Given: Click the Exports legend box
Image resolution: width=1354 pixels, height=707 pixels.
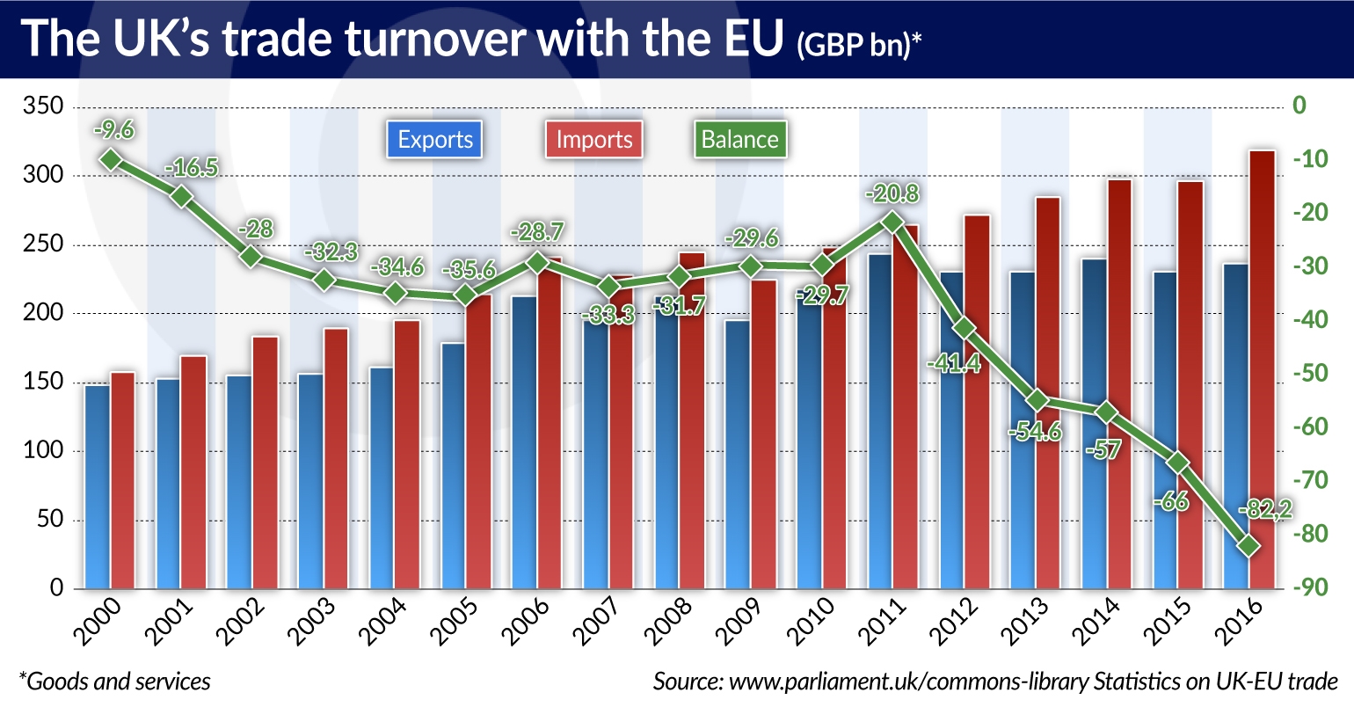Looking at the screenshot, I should point(434,140).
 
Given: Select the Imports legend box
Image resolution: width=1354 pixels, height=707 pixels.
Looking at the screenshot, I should point(594,140).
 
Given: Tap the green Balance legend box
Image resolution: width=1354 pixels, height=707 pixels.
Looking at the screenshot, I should point(739,140).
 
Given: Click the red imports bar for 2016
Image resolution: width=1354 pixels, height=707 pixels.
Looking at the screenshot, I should point(1262,369).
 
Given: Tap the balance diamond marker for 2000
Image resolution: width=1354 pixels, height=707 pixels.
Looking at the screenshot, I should point(110,159).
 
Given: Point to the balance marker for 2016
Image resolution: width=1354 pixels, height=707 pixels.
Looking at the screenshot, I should point(1248,546).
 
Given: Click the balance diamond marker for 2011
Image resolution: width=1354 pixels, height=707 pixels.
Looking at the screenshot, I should point(892,222).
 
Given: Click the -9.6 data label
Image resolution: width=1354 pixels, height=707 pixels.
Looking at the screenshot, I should point(113,130).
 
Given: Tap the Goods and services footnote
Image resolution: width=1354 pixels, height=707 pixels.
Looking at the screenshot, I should point(114,681).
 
